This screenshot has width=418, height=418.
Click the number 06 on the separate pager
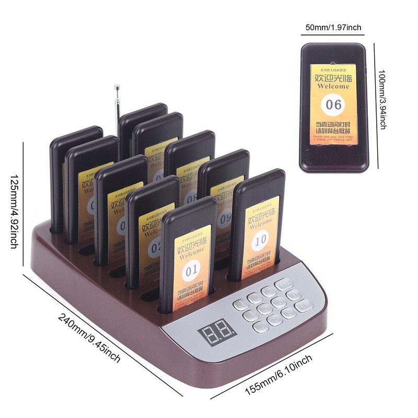tap(333, 104)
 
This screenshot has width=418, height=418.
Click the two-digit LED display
tap(217, 331)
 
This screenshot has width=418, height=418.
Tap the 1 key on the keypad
tap(241, 304)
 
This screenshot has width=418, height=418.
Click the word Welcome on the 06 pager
tap(333, 86)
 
